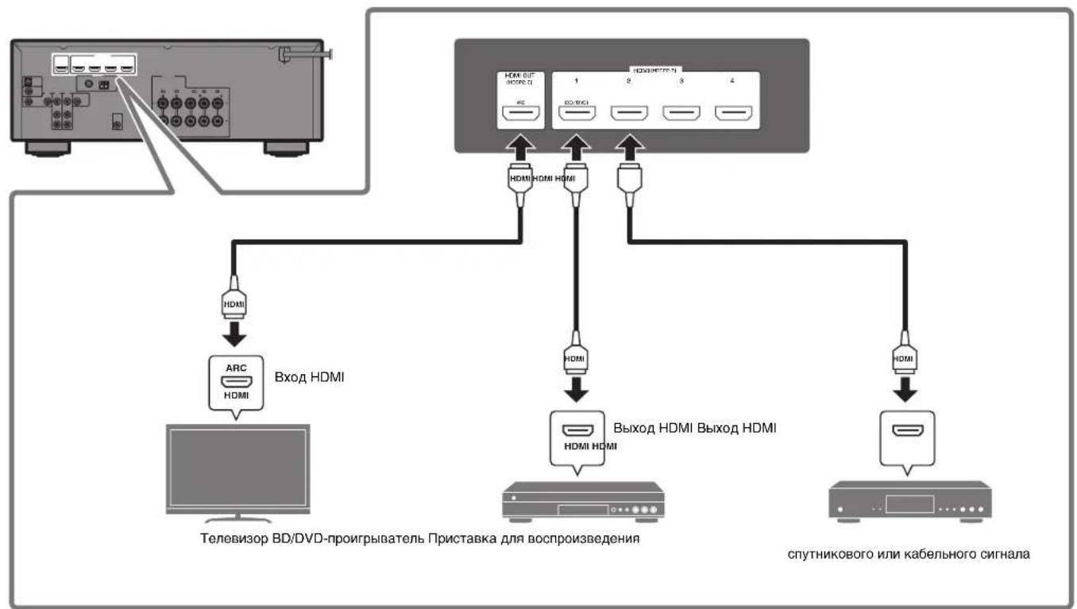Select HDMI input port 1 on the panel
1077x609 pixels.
click(577, 115)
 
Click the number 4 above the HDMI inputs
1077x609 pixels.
click(732, 81)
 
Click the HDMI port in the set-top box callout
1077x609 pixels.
click(906, 431)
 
